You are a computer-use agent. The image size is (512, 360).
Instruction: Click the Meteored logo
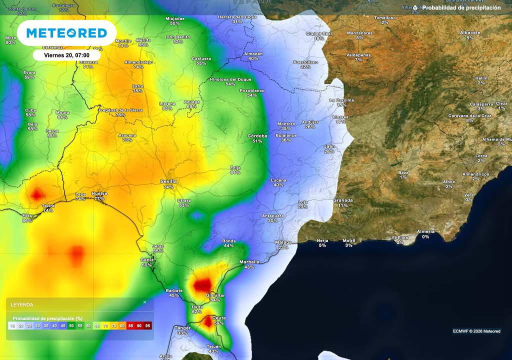[66, 33]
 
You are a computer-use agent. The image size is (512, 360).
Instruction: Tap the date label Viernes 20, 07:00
[66, 55]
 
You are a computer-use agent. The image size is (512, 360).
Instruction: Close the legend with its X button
[145, 302]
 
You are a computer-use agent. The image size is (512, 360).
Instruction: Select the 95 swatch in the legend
[147, 325]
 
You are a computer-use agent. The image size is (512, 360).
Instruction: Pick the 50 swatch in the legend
[71, 325]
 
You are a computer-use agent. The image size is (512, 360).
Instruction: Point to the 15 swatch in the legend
[12, 325]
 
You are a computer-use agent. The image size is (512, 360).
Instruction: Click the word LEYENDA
[22, 304]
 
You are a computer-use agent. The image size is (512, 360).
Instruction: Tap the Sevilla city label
[168, 181]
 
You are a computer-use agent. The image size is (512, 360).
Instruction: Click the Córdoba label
[257, 135]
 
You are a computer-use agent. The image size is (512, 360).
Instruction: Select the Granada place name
[343, 200]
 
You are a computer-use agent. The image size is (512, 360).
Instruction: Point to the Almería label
[425, 231]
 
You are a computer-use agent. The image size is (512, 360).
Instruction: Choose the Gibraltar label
[215, 295]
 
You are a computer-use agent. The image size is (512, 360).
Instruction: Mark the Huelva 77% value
[99, 198]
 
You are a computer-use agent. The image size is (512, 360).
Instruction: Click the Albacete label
[470, 32]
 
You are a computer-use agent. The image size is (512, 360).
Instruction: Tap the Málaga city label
[283, 242]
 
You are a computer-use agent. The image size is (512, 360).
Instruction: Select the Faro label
[27, 215]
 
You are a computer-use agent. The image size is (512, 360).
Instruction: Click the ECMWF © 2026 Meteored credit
[476, 331]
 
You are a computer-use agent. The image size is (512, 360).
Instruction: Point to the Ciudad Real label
[319, 33]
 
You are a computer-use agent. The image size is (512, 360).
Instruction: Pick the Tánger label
[182, 327]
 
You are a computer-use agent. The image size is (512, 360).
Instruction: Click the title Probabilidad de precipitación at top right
[461, 8]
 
